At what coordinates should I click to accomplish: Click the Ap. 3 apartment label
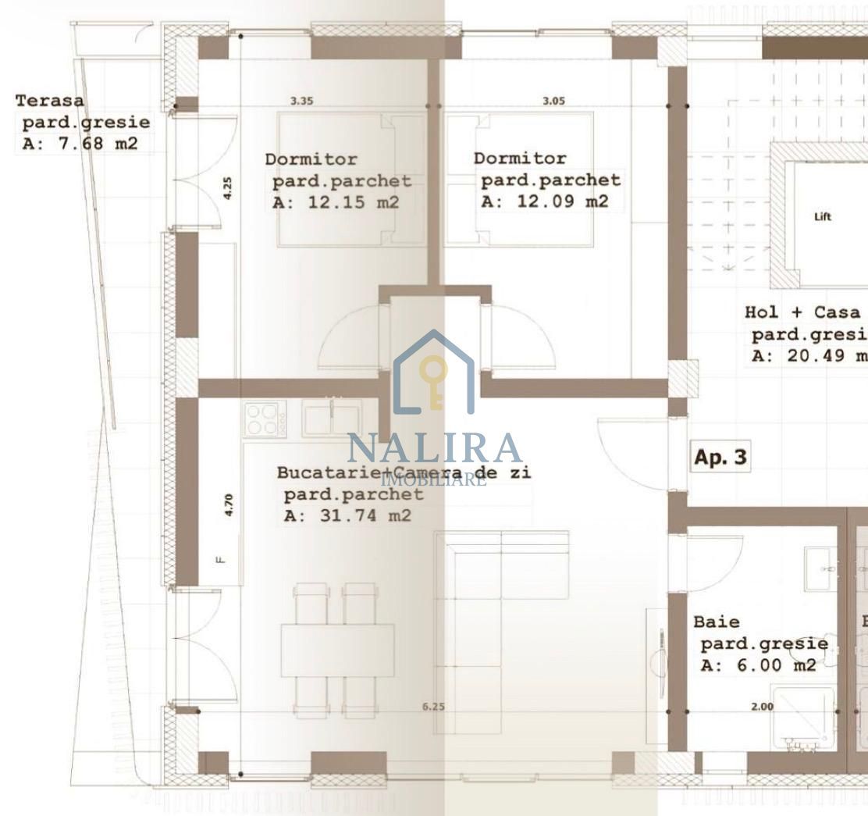[x=720, y=458]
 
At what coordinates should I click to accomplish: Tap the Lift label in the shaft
[x=823, y=217]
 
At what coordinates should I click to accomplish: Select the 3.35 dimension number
[x=302, y=101]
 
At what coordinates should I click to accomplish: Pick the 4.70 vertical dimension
[x=229, y=504]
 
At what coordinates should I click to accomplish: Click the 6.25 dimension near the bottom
[x=433, y=707]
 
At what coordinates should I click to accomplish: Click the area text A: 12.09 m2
[x=544, y=201]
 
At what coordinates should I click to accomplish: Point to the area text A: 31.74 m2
[x=347, y=515]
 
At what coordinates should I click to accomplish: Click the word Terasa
[x=50, y=101]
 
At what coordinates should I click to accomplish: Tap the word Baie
[x=717, y=622]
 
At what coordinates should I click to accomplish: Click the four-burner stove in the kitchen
[x=265, y=418]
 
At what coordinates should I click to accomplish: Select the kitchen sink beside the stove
[x=332, y=416]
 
